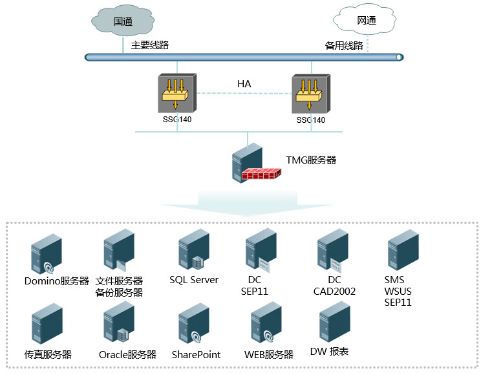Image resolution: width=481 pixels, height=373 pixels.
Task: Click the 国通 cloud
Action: [x=123, y=21]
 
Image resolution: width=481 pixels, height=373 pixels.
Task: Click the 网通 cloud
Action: [x=366, y=21]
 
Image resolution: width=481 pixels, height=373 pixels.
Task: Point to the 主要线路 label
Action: [x=150, y=45]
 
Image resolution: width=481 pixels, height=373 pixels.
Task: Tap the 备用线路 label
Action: [x=344, y=46]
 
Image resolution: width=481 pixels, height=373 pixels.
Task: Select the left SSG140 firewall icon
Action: [x=177, y=94]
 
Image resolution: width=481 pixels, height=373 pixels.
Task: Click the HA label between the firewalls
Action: [x=244, y=84]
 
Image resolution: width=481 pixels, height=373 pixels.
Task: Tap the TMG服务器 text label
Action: [x=312, y=160]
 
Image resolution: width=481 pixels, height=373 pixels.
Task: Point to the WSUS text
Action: [x=398, y=291]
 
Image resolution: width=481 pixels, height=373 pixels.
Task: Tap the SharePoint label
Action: [x=196, y=354]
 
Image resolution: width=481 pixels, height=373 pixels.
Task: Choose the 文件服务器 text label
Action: [x=119, y=281]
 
